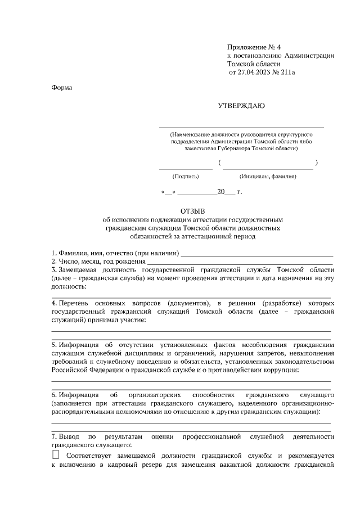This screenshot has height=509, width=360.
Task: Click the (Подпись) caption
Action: pyautogui.click(x=186, y=177)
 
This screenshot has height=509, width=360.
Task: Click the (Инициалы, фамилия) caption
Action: pyautogui.click(x=268, y=177)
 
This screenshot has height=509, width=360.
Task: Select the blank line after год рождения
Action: pyautogui.click(x=240, y=263)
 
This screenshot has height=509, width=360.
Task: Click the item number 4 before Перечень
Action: pyautogui.click(x=53, y=303)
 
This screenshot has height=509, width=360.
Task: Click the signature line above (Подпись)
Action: pyautogui.click(x=186, y=168)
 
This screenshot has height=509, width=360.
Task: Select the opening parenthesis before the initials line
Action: pyautogui.click(x=219, y=163)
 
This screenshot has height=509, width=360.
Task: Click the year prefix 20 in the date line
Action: pyautogui.click(x=221, y=192)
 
